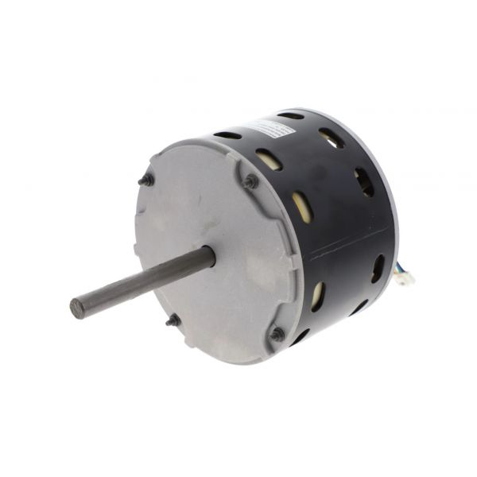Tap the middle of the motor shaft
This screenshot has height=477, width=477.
143,282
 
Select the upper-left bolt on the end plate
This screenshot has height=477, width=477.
146,180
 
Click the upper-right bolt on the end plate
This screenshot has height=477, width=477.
251,182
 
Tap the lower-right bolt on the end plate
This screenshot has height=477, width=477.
277,335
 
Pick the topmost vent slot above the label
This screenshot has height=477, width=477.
291,116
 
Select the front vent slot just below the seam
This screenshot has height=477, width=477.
317,296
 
